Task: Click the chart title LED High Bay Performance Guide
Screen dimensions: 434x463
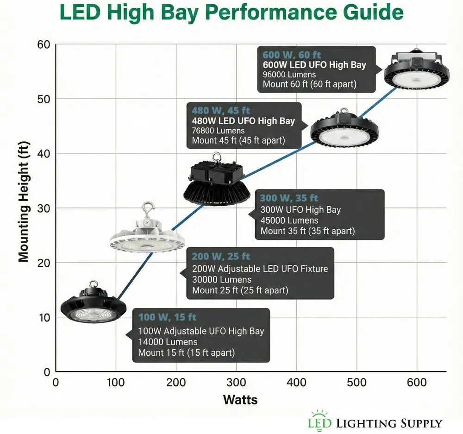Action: [231, 13]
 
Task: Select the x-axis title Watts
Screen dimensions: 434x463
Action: [240, 399]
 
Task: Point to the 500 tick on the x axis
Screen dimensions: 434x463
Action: [357, 383]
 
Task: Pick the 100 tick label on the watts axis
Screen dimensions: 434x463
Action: [115, 383]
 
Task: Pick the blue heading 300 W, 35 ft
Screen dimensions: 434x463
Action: [289, 198]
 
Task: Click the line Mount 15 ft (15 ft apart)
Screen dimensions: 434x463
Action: [187, 353]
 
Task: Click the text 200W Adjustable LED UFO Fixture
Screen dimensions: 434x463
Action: [260, 268]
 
